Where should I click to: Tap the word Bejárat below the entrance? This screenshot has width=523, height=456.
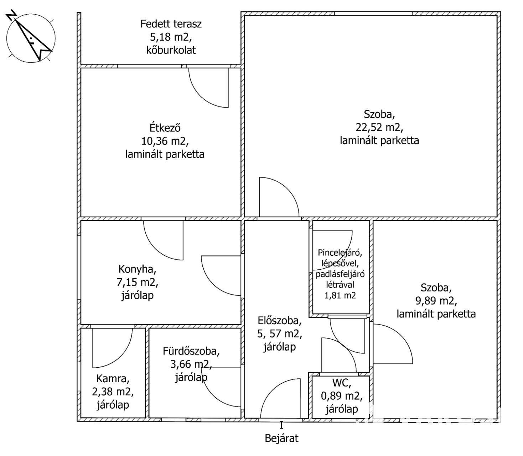click(x=281, y=438)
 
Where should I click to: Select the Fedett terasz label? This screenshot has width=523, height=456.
click(x=171, y=24)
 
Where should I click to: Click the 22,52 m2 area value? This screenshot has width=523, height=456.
click(x=379, y=127)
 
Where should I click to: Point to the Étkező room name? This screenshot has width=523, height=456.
click(x=165, y=127)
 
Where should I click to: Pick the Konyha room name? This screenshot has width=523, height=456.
click(x=137, y=269)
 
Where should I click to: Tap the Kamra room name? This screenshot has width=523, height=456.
click(x=113, y=378)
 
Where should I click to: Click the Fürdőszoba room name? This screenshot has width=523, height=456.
click(x=191, y=351)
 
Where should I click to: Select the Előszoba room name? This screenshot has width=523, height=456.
click(x=279, y=321)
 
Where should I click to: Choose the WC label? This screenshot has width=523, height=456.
click(x=342, y=384)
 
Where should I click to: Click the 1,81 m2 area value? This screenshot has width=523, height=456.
click(x=340, y=295)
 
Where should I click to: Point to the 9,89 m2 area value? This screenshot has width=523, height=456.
click(x=436, y=301)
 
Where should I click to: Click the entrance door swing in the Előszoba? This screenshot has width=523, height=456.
click(x=281, y=397)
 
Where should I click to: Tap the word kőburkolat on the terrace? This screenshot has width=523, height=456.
click(x=171, y=50)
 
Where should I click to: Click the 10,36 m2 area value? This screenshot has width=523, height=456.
click(x=165, y=141)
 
